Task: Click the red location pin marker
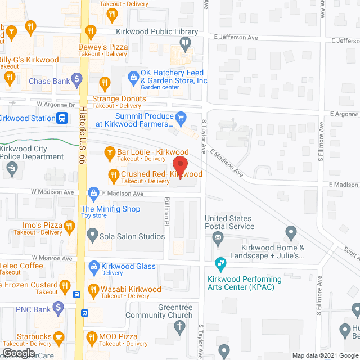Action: [x=180, y=166]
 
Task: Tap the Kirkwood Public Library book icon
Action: [x=185, y=42]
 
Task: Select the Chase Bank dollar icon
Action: [x=78, y=81]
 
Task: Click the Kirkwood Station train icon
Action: [x=62, y=118]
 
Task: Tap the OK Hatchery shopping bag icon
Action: [x=133, y=76]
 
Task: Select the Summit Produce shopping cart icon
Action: [x=181, y=118]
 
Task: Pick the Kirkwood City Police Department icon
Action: [x=11, y=167]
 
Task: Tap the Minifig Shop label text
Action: [x=110, y=209]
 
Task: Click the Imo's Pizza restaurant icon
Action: [x=69, y=227]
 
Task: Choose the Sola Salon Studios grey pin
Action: [x=92, y=233]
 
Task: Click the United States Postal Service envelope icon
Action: [x=218, y=240]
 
